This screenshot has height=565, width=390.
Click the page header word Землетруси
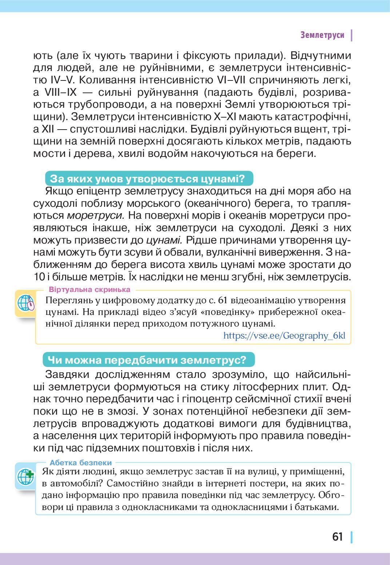[322, 35]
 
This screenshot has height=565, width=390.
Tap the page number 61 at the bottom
[338, 537]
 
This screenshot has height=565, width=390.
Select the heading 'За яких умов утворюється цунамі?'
[147, 179]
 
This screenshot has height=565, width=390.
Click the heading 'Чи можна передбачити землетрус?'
[147, 360]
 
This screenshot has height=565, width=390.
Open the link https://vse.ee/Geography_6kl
[284, 335]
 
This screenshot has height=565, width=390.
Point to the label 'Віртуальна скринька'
[89, 290]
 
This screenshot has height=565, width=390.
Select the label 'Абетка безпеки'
[81, 463]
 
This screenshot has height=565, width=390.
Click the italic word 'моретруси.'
[96, 215]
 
